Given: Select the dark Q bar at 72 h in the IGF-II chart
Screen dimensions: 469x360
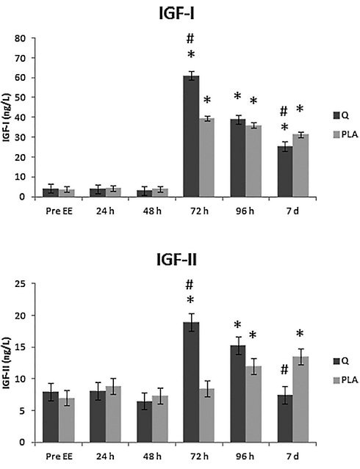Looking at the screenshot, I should pos(190,382).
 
